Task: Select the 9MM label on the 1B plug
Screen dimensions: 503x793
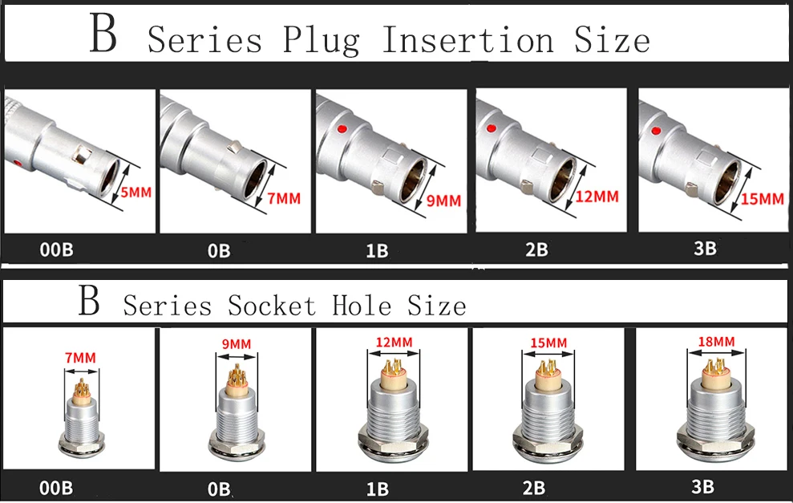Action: [x=443, y=201]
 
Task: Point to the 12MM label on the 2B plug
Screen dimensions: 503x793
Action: [x=597, y=195]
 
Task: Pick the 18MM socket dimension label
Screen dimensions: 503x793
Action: [x=715, y=342]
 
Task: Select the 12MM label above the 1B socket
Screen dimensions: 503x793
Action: [x=393, y=343]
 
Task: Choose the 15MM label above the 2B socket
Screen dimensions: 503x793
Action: [x=548, y=343]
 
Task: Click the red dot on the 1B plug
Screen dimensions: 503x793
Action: [x=342, y=129]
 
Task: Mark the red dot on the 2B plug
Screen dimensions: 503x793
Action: [x=491, y=128]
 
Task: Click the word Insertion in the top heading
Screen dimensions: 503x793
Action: [x=467, y=39]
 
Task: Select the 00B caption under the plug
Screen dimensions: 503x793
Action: [x=56, y=249]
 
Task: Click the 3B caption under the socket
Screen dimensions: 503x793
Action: [x=703, y=486]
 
